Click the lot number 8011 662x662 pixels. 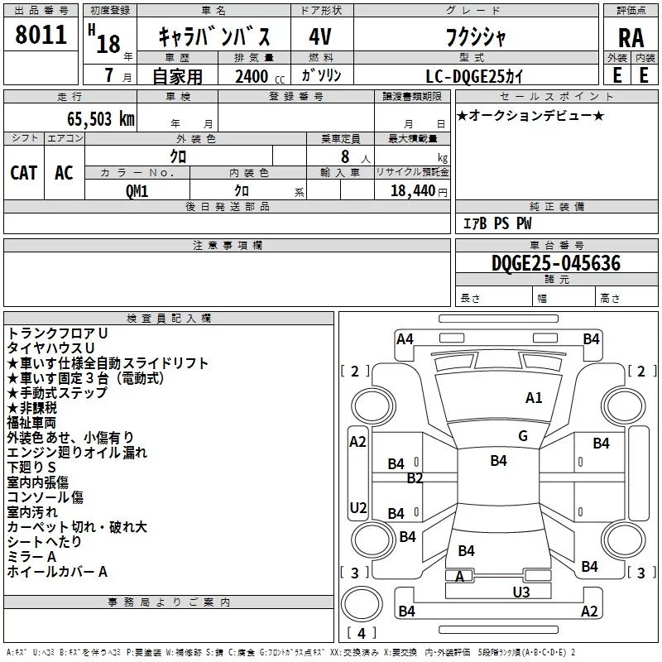click(x=41, y=35)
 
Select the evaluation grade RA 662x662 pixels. click(x=631, y=38)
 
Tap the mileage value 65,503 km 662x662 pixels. click(x=101, y=119)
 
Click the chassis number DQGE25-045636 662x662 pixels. click(x=556, y=263)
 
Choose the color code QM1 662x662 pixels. click(x=137, y=191)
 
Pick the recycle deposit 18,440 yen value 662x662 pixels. click(x=419, y=191)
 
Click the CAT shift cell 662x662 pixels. click(x=24, y=173)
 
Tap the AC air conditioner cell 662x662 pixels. click(x=65, y=173)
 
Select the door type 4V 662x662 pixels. click(x=320, y=36)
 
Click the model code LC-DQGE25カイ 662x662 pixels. click(x=474, y=76)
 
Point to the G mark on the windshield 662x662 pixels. click(x=523, y=436)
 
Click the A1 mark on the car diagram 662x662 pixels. click(x=534, y=398)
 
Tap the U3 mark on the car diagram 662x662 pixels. click(x=521, y=592)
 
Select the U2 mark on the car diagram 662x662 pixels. click(x=358, y=507)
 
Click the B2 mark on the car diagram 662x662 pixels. click(x=415, y=478)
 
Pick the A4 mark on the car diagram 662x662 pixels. click(x=405, y=339)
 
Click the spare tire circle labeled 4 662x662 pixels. click(x=362, y=604)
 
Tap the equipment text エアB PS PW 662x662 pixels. click(x=497, y=223)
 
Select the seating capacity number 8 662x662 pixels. click(x=345, y=156)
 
